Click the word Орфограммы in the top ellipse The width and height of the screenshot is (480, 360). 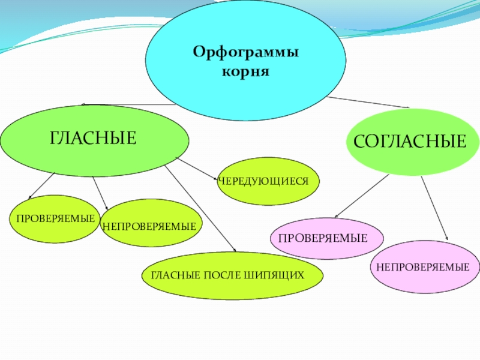point(245,52)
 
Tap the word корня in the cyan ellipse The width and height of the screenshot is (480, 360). point(245,71)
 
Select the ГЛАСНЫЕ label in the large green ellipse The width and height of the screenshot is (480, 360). point(93,139)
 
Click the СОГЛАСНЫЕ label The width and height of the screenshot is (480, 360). point(410,142)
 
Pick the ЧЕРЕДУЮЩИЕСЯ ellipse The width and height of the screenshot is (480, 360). point(268,181)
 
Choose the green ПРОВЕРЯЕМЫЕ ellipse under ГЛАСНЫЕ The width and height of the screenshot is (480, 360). point(55,218)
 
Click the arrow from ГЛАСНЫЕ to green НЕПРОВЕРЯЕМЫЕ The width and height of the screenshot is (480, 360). point(99,193)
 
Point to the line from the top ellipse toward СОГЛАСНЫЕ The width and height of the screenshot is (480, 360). point(366,101)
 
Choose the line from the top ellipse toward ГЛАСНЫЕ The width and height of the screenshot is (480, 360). point(126,104)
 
